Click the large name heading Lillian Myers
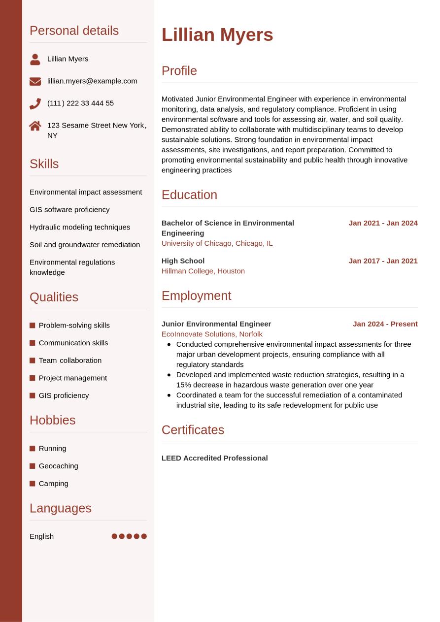(217, 35)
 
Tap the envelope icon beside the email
(35, 81)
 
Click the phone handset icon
(35, 103)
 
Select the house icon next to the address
(35, 126)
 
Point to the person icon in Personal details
(35, 59)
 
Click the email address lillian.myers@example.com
(92, 81)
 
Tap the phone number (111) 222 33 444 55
(80, 103)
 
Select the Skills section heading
(44, 164)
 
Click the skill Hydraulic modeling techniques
(80, 227)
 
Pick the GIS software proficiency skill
(69, 209)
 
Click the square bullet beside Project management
(33, 378)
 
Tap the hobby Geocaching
(58, 466)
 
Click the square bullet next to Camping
(33, 484)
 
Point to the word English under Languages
(41, 536)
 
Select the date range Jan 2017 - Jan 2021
(383, 261)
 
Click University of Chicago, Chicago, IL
(217, 243)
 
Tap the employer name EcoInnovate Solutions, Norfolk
(212, 334)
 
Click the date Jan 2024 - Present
(385, 324)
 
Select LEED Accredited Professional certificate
(214, 458)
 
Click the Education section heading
(189, 195)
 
